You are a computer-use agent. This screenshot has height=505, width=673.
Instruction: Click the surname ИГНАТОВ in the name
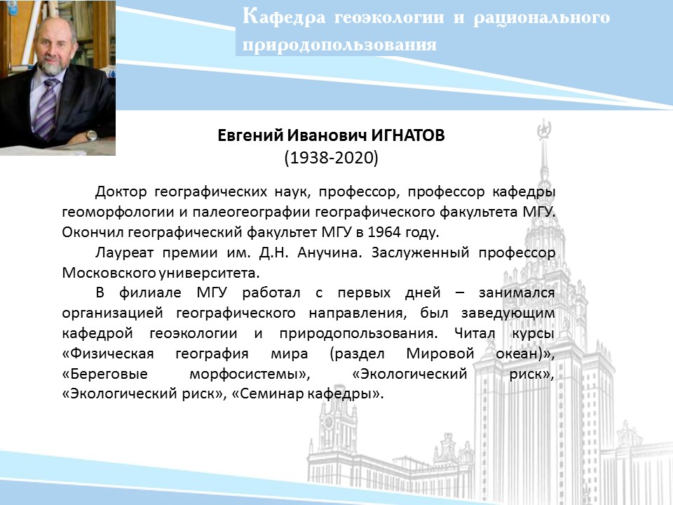point(408,135)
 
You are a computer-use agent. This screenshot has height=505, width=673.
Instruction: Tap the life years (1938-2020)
point(331,158)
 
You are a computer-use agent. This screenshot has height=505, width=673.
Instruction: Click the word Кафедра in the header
point(284,18)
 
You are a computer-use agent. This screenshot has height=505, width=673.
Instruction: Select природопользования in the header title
point(339,45)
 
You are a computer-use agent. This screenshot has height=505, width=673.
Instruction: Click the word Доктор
point(121,191)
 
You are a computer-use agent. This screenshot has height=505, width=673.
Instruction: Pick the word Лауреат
point(124,252)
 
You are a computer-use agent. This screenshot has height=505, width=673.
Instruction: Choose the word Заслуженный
point(420,252)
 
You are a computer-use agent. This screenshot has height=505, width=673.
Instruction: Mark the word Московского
point(109,273)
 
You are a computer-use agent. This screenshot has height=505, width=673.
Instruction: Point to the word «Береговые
point(104,374)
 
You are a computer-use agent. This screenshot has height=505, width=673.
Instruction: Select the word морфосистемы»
point(250,374)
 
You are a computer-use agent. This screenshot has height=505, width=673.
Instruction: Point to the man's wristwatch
point(91,135)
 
